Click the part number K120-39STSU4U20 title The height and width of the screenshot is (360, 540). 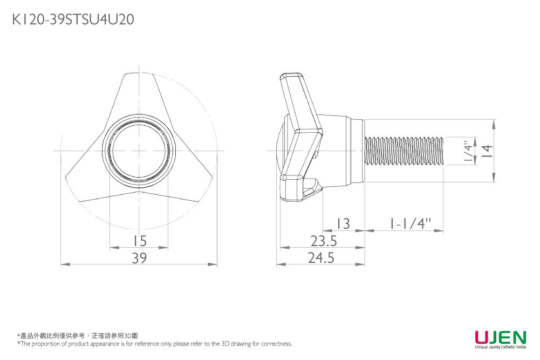[x=73, y=20]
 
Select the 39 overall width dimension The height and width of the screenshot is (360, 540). [x=139, y=259]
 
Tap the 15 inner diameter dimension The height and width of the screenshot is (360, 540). [x=139, y=241]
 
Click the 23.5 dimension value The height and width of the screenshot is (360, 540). [x=323, y=241]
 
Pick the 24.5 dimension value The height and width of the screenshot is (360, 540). [x=322, y=259]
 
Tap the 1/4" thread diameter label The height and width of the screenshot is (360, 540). [x=468, y=150]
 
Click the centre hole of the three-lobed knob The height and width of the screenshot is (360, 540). [x=140, y=150]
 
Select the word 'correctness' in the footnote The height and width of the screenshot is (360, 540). [x=277, y=344]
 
